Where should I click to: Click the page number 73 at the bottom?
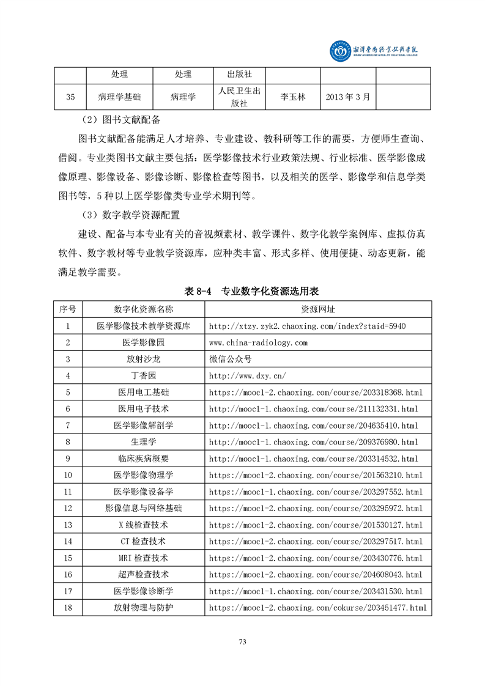coord(242,642)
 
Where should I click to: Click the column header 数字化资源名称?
coord(144,309)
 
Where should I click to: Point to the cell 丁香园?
coord(144,375)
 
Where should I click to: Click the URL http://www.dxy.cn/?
coord(247,375)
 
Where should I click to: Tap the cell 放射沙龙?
coord(144,359)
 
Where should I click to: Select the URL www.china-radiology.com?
coord(258,342)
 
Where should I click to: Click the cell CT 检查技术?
coord(144,541)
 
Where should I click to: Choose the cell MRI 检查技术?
coord(144,558)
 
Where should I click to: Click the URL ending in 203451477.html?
coord(317,608)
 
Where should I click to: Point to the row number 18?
coord(68,608)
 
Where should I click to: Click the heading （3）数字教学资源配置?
coord(129,216)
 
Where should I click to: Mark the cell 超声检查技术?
coord(144,574)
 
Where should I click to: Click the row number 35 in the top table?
coord(70,97)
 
